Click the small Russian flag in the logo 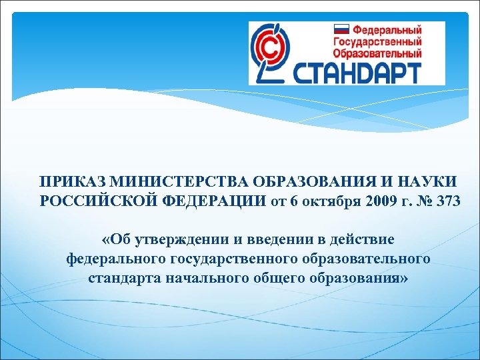click(x=341, y=30)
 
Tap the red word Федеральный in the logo click(x=387, y=30)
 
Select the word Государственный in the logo click(x=378, y=41)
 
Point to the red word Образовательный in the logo click(x=378, y=53)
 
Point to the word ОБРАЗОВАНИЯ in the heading click(x=290, y=182)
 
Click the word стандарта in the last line click(x=121, y=278)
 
